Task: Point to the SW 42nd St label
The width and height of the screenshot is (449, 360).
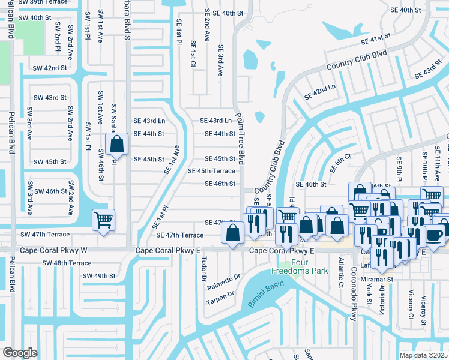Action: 50,68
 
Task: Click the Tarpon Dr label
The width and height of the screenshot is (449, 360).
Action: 221,296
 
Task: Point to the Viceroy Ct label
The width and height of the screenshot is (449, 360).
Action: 411,305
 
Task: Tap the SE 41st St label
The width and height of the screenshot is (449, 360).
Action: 376,39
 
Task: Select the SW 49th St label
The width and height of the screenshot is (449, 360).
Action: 98,275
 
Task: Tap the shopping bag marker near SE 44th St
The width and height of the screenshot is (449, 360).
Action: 117,145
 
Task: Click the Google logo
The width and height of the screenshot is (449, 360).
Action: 20,352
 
